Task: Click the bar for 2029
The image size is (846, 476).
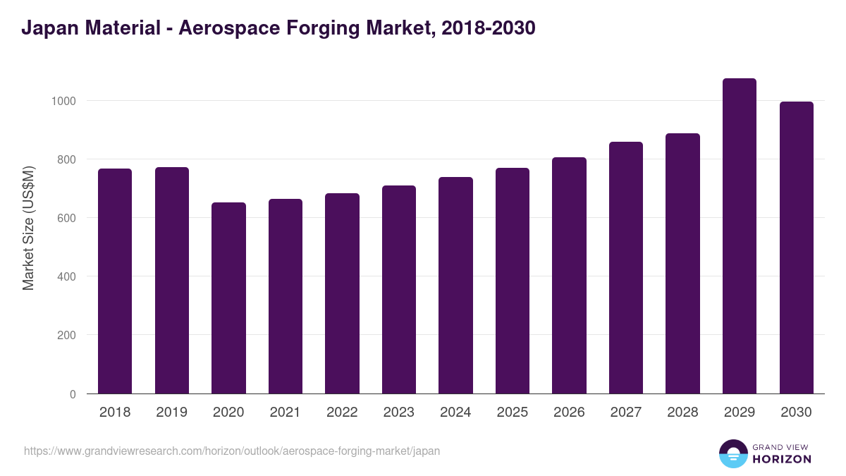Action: (x=739, y=236)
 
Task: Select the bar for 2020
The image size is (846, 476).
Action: (x=228, y=298)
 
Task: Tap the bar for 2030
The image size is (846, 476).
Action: (x=796, y=248)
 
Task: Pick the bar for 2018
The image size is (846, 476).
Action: (x=115, y=281)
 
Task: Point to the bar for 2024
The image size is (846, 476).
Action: (x=455, y=286)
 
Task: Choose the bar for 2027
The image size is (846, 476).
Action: (x=625, y=268)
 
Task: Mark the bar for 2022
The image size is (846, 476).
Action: (x=342, y=293)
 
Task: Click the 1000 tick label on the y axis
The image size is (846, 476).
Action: (x=63, y=101)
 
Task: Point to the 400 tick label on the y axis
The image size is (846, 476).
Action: (x=67, y=276)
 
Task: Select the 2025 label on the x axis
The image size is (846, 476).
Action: (x=512, y=413)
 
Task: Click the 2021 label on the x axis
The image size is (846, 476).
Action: (x=285, y=413)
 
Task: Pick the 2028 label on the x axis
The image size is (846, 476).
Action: (x=682, y=413)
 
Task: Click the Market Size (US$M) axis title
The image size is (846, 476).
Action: (x=28, y=228)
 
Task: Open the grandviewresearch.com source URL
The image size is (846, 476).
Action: (x=232, y=451)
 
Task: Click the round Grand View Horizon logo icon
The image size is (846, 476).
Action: (x=732, y=453)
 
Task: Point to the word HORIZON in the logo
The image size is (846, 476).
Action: (x=782, y=459)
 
